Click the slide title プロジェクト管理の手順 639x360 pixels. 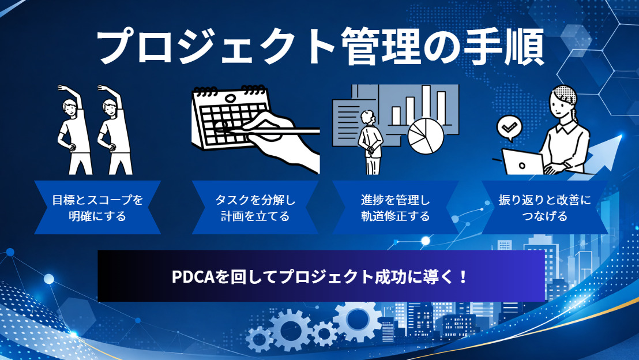319,47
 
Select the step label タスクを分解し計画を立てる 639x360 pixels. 255,208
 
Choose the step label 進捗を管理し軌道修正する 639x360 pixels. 396,208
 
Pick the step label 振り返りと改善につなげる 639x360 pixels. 544,208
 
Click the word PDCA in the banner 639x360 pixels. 193,277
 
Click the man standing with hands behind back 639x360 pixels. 368,141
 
